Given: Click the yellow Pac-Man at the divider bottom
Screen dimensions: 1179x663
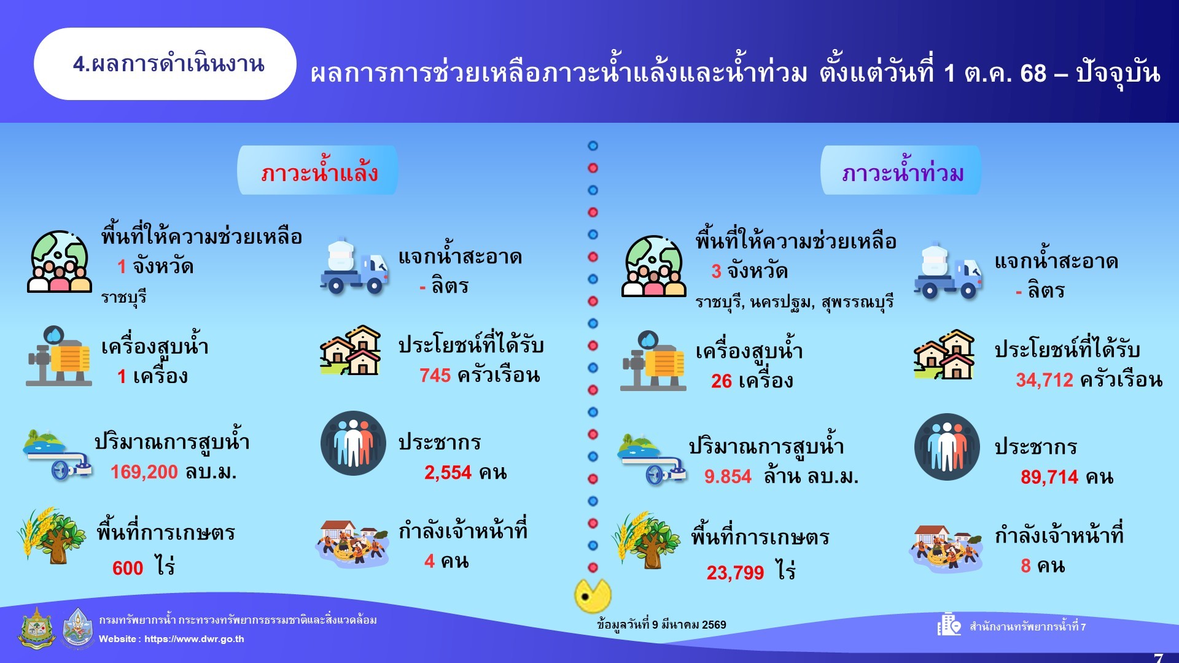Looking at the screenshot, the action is point(592,595).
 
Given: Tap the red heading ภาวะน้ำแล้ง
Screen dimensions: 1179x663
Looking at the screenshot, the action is point(319,173).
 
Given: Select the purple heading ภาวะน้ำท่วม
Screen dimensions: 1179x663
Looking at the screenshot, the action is point(903,173).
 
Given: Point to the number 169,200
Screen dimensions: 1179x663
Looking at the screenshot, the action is point(144,472).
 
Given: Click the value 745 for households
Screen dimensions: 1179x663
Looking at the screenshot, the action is point(435,376).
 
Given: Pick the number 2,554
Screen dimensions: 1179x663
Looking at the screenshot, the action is point(448,473).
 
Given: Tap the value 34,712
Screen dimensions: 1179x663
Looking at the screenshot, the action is point(1045,381).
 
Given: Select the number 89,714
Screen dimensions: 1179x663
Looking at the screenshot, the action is point(1049,477).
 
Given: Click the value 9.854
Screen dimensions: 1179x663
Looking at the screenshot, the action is point(728,476).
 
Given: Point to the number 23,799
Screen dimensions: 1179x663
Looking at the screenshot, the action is point(735,573).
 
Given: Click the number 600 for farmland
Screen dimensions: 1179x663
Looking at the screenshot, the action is point(128,568).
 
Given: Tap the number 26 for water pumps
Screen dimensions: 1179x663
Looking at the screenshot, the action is point(722,381).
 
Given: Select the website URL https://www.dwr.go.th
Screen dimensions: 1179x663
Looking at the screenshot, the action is point(194,639).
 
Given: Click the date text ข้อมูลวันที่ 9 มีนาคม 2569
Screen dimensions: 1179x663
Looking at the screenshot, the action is point(661,625).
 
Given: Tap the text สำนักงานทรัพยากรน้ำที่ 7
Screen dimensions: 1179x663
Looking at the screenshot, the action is point(1027,627).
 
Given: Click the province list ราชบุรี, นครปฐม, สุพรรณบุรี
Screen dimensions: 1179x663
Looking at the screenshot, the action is point(795,302).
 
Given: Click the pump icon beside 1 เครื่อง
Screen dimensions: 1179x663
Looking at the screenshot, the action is point(59,356).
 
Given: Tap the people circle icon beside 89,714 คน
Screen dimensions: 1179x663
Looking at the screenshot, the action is point(947,447).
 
